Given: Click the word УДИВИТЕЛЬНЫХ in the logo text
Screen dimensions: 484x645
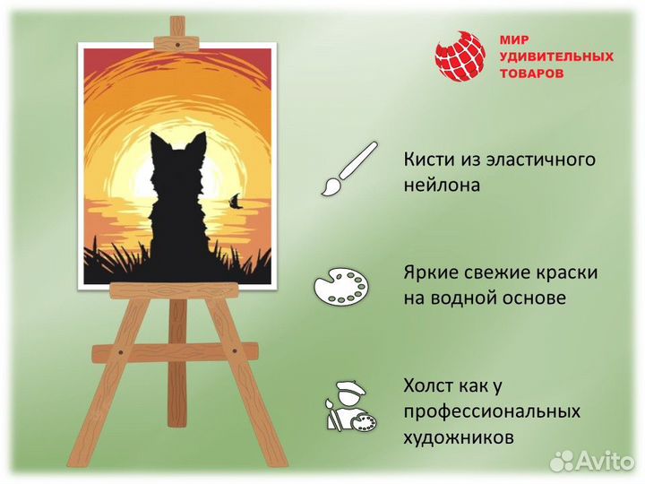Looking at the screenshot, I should coord(555,56).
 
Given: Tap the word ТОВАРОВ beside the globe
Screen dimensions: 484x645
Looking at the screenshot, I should coord(531,73).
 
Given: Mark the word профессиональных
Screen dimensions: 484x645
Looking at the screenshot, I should coord(492,412).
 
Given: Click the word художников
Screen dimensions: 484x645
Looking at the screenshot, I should coord(458,438).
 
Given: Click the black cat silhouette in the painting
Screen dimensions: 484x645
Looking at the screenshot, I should coord(179,215).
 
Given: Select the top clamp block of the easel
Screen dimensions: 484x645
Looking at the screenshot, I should coord(177,40).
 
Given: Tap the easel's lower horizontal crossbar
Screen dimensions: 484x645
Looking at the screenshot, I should coord(175,352).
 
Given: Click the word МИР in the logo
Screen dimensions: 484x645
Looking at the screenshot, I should coord(512,40).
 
